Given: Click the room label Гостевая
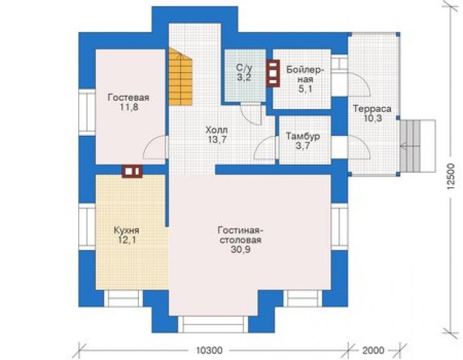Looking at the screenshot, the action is [x=128, y=97].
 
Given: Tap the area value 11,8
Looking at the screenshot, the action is [x=129, y=107].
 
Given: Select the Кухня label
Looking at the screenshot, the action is [x=126, y=230].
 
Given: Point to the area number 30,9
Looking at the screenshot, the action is [x=240, y=250].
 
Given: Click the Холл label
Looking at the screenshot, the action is [x=216, y=130].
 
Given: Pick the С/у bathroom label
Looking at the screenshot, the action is [x=244, y=68].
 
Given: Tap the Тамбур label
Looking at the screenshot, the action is [x=303, y=136].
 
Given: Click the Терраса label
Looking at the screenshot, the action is [x=372, y=109].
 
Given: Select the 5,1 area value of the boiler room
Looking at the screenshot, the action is [x=305, y=89].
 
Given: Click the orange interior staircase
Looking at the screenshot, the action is [x=180, y=76].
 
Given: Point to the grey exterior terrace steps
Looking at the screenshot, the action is [x=417, y=146].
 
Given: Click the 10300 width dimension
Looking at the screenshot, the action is [x=210, y=351].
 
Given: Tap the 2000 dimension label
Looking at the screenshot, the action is [x=374, y=351].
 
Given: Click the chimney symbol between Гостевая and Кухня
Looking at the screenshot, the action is [x=132, y=171].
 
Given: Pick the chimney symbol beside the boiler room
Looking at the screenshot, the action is [x=273, y=74].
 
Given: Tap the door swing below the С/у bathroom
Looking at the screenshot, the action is [x=251, y=115].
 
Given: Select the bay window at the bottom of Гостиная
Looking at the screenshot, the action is [x=213, y=324].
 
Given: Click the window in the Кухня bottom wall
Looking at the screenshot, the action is [x=123, y=299].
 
